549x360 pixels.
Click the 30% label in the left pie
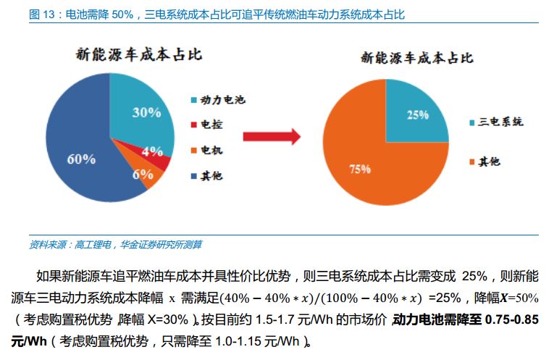tap(146, 112)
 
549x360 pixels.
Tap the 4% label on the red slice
tap(152, 151)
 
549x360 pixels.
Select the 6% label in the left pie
tap(142, 174)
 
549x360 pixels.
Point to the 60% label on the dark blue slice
tap(81, 159)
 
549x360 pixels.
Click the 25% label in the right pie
tap(418, 114)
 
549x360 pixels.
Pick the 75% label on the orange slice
tap(360, 169)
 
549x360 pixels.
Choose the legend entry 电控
tap(211, 125)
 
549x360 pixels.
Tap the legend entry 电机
tap(211, 150)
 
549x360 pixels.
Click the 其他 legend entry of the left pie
tap(211, 176)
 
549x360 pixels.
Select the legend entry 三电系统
tap(499, 122)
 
